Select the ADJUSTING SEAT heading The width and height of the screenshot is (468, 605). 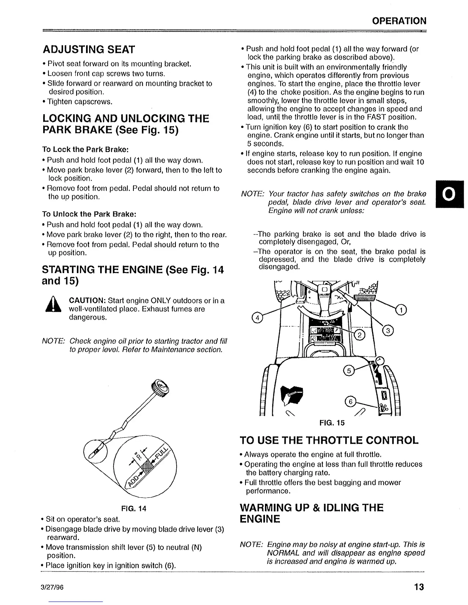[89, 50]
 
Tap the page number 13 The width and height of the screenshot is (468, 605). [419, 587]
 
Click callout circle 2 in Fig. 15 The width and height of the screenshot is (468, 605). [360, 335]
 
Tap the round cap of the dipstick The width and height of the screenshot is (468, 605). [160, 389]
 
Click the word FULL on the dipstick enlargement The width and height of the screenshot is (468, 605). [162, 453]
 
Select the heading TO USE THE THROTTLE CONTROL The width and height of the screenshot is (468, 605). [329, 440]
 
